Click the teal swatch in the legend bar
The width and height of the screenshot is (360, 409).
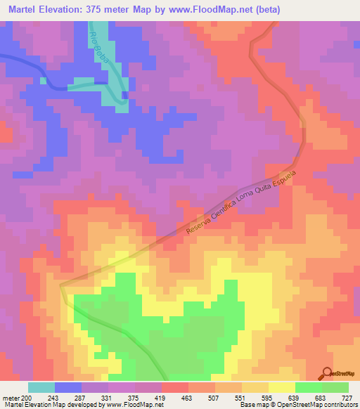41,387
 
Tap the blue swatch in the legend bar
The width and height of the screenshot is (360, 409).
68,387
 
